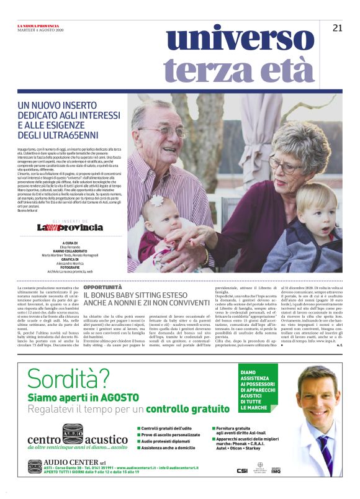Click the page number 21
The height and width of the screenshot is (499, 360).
(338, 27)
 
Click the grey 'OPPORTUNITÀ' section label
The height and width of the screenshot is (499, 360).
(102, 288)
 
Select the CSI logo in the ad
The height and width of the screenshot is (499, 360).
(241, 470)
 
